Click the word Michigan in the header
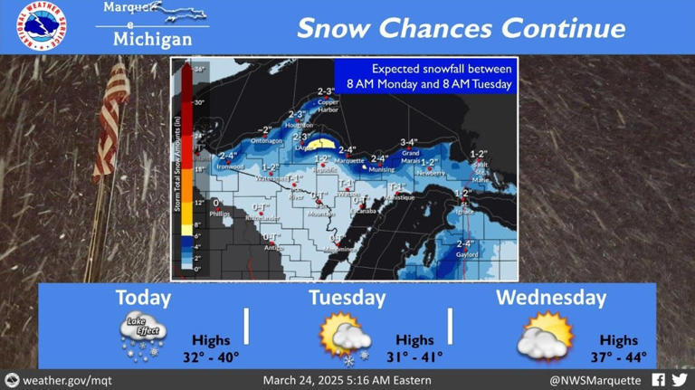coord(152,40)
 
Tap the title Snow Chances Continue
coord(461,28)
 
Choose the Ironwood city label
coord(230,166)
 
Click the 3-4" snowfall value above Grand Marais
coord(409,142)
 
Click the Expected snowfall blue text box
coord(424,76)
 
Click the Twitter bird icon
coord(679,380)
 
